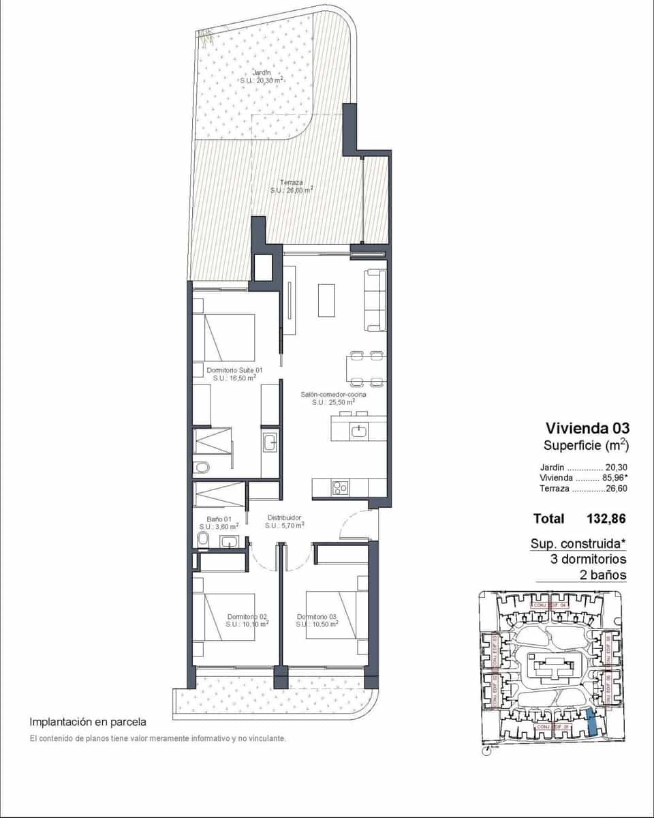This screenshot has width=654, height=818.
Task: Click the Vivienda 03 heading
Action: (587, 428)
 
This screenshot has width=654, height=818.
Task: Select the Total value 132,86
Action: (606, 519)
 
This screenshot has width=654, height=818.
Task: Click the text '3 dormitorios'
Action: (589, 559)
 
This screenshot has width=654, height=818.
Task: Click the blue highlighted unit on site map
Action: (593, 721)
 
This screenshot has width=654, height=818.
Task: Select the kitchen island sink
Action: (359, 429)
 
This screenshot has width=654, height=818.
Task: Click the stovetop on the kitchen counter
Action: (339, 487)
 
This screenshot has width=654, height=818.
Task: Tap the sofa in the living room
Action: (375, 301)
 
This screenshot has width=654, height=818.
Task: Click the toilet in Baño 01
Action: (202, 540)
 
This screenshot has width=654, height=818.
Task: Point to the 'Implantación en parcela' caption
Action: (87, 721)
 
